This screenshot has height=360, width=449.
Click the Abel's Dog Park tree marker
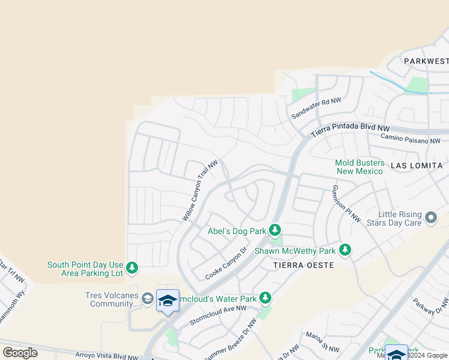[x=275, y=230]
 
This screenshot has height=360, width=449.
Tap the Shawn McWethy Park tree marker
[x=345, y=250]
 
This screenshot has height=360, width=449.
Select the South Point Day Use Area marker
[x=132, y=268]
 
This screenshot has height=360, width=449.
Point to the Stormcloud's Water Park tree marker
[x=265, y=298]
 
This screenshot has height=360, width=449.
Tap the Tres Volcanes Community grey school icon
[x=148, y=298]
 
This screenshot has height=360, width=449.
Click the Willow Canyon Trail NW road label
[x=200, y=190]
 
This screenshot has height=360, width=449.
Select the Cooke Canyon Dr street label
[x=226, y=263]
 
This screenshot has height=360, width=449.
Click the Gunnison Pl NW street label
[x=346, y=203]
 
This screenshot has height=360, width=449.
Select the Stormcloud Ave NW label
[x=218, y=315]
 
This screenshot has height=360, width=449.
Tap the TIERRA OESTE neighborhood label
[x=303, y=265]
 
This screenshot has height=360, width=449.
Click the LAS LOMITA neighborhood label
[x=417, y=165]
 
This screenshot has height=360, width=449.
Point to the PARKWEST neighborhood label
[x=426, y=61]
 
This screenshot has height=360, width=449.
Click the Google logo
[x=20, y=352]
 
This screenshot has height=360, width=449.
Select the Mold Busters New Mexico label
[x=359, y=167]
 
